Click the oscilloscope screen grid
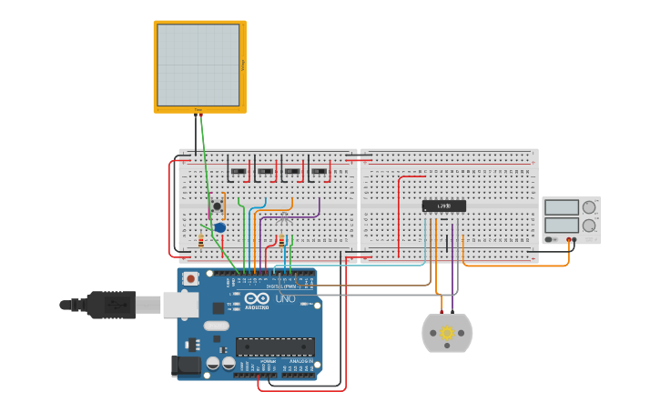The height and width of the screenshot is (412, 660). click(198, 65)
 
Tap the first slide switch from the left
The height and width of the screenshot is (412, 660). click(239, 171)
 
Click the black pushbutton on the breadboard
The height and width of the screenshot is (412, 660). click(217, 207)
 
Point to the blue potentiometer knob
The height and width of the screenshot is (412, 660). click(220, 227)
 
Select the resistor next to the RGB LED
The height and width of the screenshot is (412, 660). click(281, 240)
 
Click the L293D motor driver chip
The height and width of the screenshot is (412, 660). click(444, 206)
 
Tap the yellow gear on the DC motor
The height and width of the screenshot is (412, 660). click(447, 334)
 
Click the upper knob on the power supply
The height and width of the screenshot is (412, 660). click(589, 207)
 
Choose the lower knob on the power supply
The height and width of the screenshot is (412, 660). click(589, 225)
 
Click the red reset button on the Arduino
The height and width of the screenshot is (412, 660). click(190, 278)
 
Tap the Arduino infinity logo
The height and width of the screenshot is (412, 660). click(257, 298)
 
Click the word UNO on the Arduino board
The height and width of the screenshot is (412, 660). click(285, 298)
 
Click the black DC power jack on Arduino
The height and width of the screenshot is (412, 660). click(186, 366)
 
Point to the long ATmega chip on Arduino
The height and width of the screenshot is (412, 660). click(275, 347)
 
